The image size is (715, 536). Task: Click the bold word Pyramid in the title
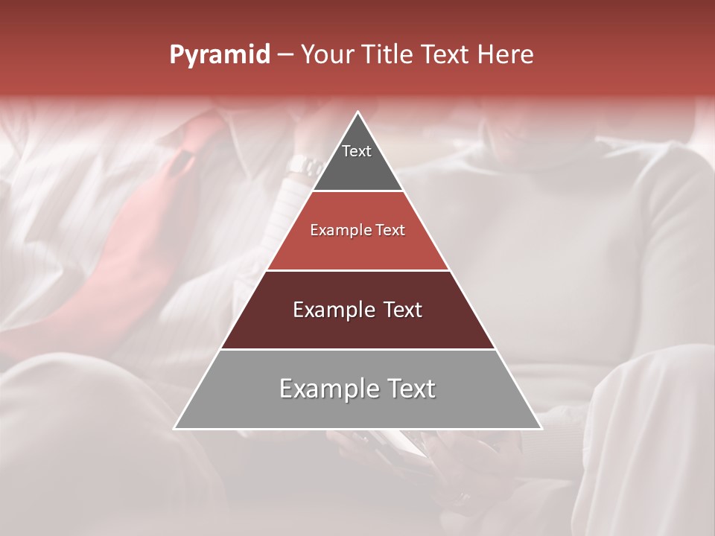(220, 55)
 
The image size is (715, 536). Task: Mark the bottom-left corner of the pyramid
(175, 428)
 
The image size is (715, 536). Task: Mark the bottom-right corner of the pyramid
(541, 428)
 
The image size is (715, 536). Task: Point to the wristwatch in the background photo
(304, 165)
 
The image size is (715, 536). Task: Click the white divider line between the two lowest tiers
(357, 349)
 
